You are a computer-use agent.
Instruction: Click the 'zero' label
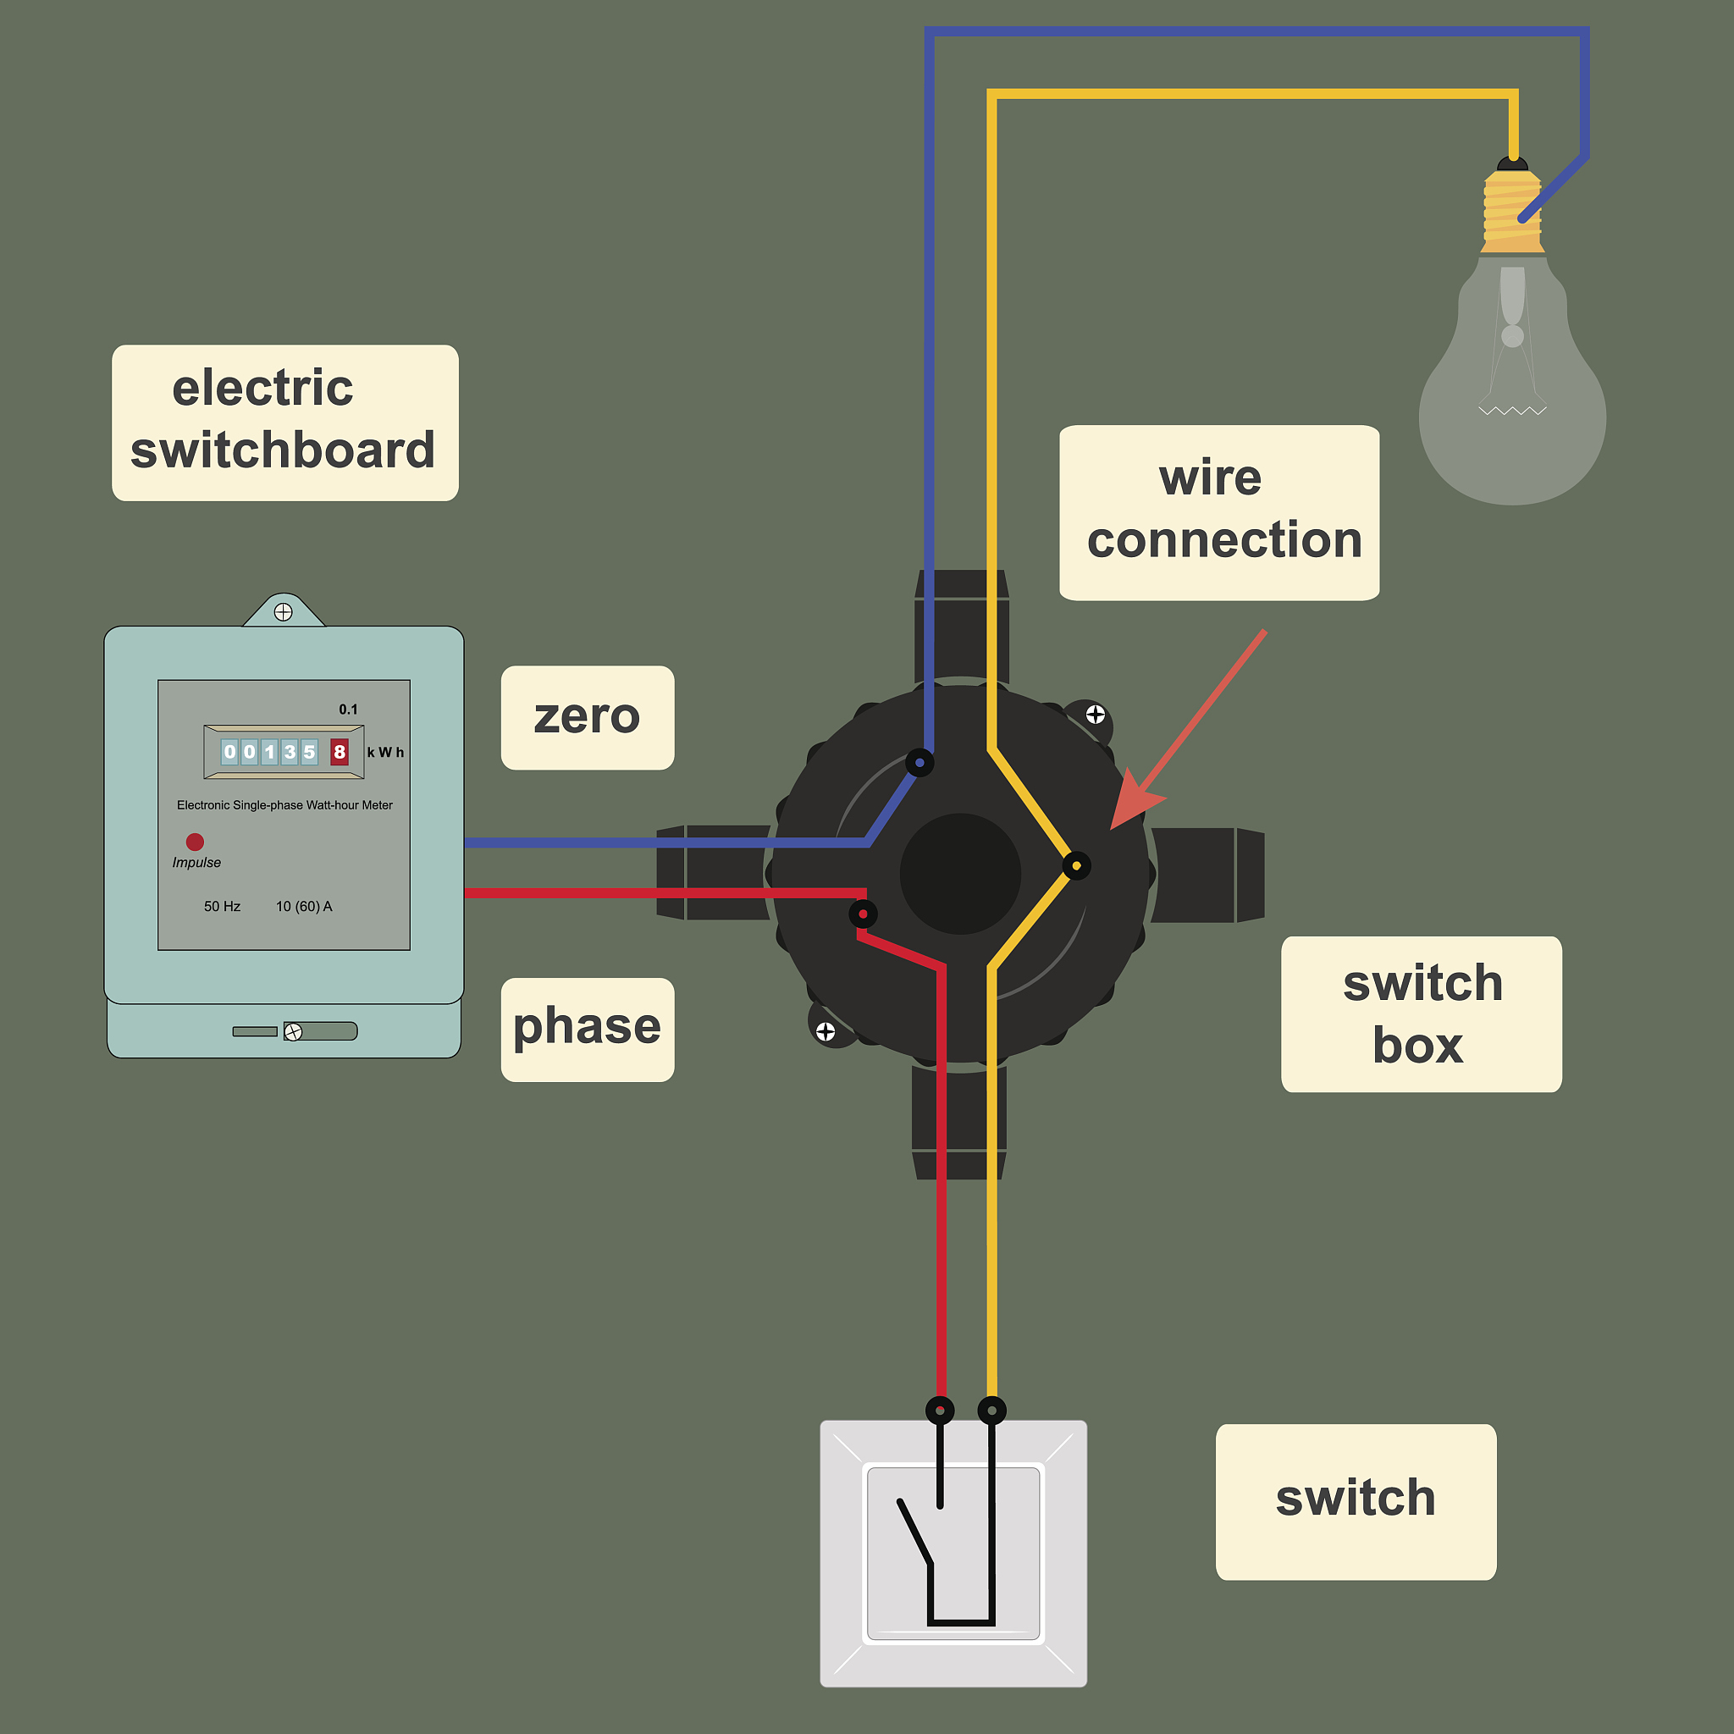pos(587,717)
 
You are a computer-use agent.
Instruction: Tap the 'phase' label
pos(587,1029)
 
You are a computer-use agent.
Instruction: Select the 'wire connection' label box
pos(1219,512)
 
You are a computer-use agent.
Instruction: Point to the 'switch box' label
pos(1421,1014)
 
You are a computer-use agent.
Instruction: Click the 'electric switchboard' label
pos(284,422)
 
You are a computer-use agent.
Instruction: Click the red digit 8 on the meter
pos(340,751)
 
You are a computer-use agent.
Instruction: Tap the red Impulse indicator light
pos(195,841)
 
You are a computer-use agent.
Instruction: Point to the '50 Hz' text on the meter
pos(222,907)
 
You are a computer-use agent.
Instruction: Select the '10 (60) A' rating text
pos(303,907)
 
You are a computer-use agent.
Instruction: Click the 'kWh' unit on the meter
pos(385,752)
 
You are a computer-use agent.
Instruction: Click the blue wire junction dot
pos(919,763)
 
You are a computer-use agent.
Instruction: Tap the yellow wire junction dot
pos(1076,865)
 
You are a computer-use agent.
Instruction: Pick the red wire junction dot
pos(863,914)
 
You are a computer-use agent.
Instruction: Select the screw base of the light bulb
pos(1512,212)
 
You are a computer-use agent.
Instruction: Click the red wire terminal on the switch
pos(940,1410)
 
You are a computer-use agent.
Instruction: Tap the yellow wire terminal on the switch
pos(991,1410)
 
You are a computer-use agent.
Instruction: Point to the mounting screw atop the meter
pos(283,612)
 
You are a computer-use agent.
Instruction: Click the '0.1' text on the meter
pos(348,709)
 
